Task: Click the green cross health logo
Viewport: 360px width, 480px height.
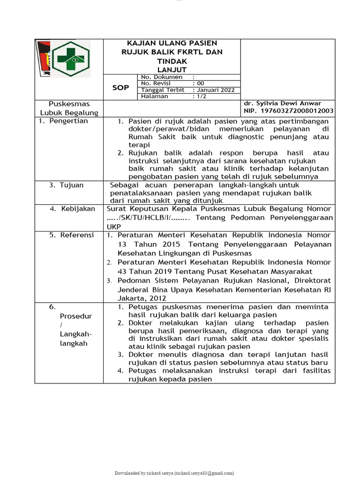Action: point(70,59)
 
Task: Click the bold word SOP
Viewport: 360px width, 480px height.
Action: point(120,87)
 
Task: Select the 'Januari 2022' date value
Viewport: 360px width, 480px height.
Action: point(216,90)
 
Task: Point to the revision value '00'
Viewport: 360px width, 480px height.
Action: point(201,83)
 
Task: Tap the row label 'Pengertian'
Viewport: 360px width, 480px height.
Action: point(71,121)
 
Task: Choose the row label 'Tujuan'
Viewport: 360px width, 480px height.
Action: point(71,185)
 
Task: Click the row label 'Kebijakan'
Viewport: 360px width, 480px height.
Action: point(78,209)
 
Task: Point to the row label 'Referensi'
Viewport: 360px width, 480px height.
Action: point(77,235)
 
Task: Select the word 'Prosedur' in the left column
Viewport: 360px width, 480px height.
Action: point(76,316)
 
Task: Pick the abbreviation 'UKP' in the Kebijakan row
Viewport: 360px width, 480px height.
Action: point(114,226)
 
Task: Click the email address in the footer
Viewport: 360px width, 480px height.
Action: point(204,473)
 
